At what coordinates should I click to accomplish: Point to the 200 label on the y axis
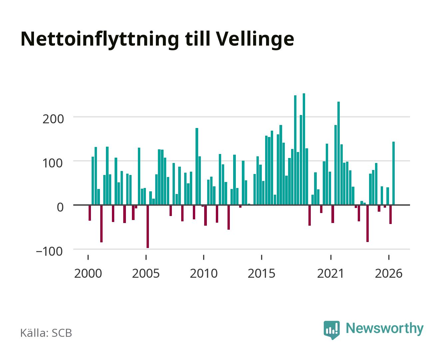click(x=53, y=119)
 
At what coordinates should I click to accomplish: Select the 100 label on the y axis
click(x=52, y=163)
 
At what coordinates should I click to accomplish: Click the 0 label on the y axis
click(x=60, y=207)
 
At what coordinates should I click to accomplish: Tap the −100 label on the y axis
click(x=49, y=251)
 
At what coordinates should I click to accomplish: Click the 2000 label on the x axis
click(x=88, y=274)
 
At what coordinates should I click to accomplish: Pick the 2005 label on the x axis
click(x=146, y=274)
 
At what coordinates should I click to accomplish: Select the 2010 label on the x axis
click(x=204, y=274)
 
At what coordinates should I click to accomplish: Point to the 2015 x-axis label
click(x=261, y=274)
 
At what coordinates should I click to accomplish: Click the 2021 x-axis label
click(x=331, y=274)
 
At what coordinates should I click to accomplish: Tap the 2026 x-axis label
click(x=389, y=274)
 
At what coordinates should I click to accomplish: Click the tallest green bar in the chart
click(x=304, y=149)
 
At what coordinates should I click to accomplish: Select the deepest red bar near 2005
click(x=148, y=227)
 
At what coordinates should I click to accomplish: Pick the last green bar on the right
click(x=393, y=173)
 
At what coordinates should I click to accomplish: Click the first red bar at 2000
click(x=90, y=213)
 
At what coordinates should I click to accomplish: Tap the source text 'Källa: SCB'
click(x=46, y=333)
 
